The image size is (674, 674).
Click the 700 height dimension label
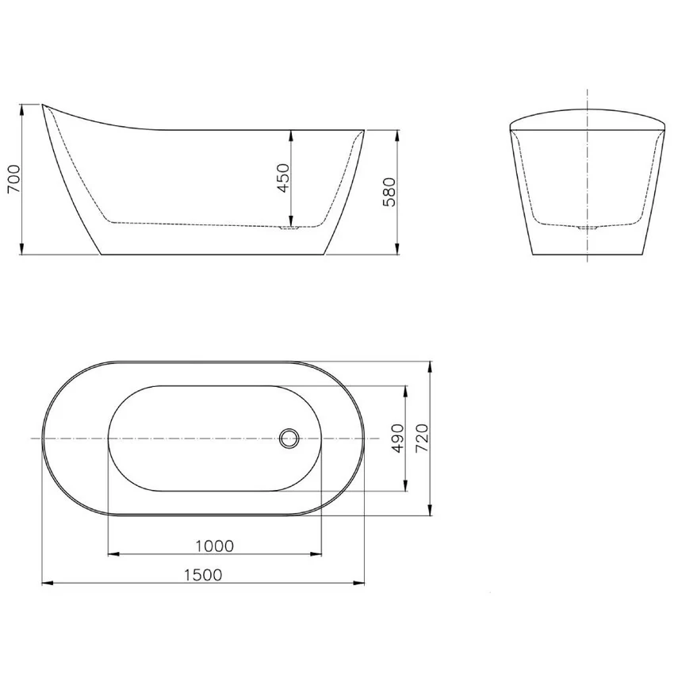click(x=13, y=179)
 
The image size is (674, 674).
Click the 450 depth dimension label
click(x=283, y=178)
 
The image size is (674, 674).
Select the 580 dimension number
click(x=389, y=192)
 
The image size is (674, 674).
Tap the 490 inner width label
click(x=399, y=438)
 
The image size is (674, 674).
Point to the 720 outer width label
click(x=423, y=438)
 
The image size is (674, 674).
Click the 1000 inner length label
click(x=215, y=546)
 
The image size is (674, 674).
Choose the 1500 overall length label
click(x=203, y=575)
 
